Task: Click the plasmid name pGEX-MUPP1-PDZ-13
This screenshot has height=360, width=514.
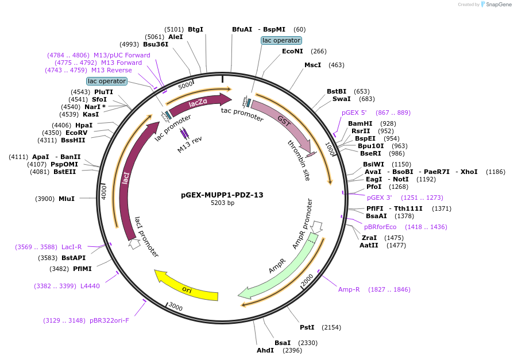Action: (222, 195)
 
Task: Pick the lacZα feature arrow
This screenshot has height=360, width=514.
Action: (198, 103)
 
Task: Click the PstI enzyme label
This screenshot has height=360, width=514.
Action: (307, 327)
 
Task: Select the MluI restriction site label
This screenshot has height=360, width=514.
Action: (67, 199)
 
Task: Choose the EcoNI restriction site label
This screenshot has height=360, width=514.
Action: (292, 51)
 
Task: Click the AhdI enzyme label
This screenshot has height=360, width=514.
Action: (266, 350)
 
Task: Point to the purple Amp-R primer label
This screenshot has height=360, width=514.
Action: (349, 289)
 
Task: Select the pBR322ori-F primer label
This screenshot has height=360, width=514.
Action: (109, 320)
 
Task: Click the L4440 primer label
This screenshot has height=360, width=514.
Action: (90, 286)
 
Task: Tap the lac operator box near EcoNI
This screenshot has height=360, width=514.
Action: (281, 40)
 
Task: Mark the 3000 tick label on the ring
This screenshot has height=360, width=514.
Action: (175, 307)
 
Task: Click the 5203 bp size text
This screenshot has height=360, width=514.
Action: (222, 203)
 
